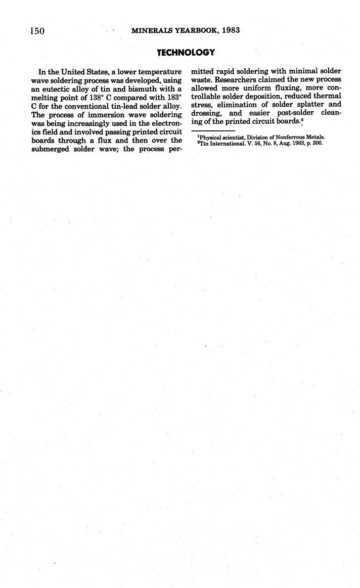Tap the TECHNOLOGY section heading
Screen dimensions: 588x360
pyautogui.click(x=186, y=53)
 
